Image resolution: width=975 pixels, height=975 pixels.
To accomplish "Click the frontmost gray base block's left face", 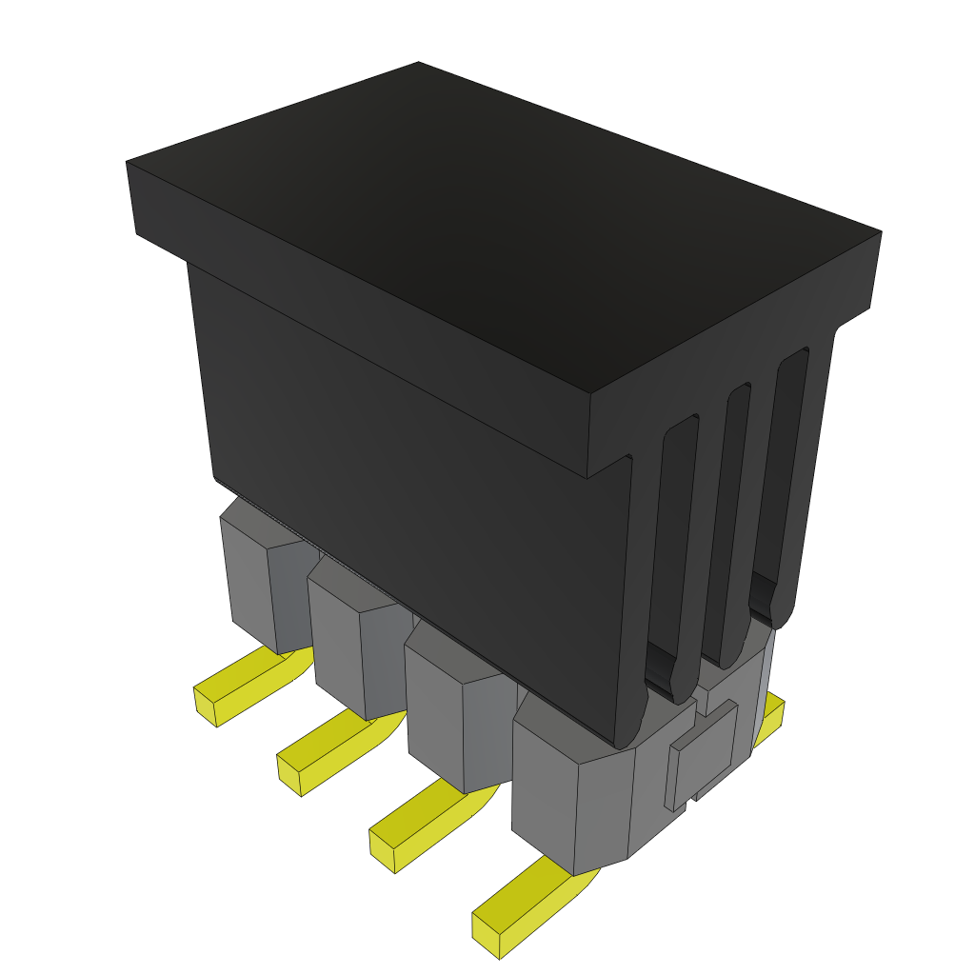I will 543,790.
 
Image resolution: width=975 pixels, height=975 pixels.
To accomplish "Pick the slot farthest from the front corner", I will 786,476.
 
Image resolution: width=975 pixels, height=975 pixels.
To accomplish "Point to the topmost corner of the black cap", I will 419,64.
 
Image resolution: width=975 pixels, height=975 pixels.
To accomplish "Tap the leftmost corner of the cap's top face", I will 128,163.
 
